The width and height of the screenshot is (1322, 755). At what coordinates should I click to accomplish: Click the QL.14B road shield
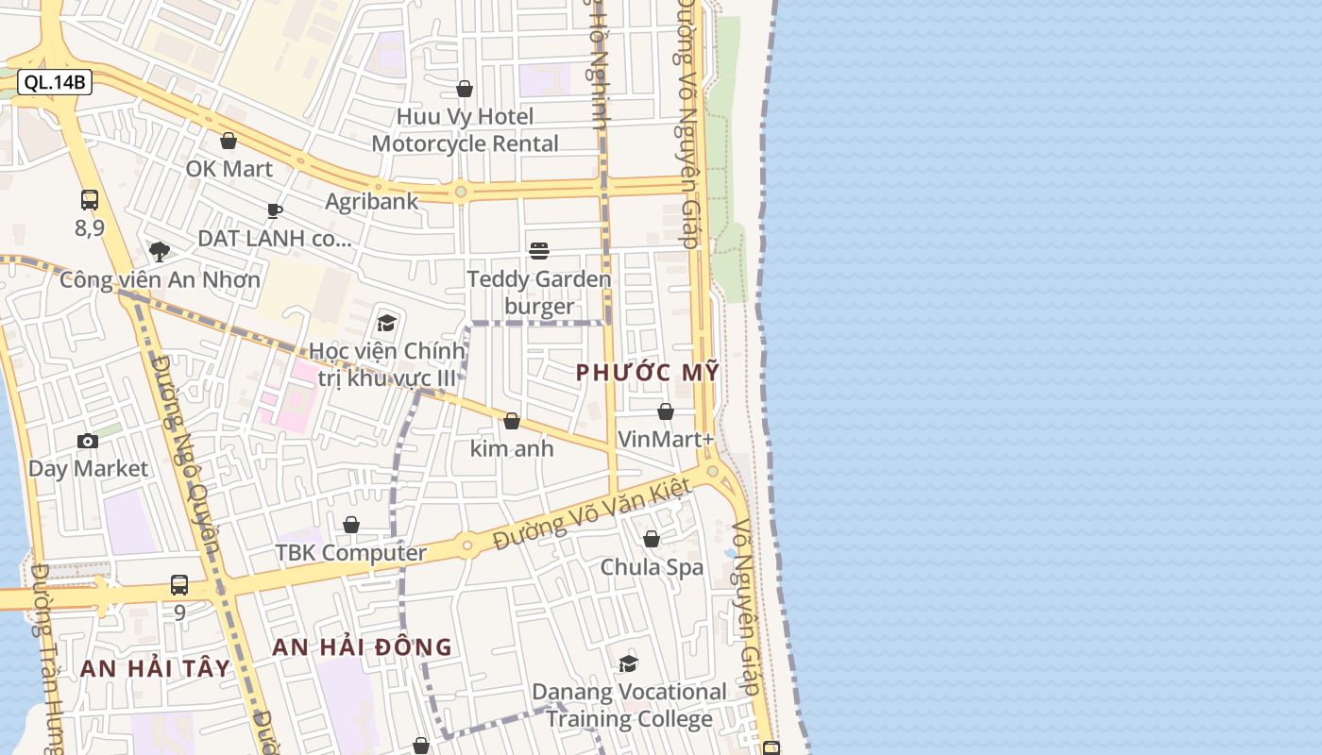coord(55,82)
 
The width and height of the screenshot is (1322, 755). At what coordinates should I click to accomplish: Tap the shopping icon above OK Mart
coord(229,141)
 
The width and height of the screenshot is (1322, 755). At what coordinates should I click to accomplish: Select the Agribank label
coord(371,201)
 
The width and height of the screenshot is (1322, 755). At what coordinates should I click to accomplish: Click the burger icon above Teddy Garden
coord(539,250)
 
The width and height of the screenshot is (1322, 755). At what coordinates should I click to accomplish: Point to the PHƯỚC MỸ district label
coord(648,372)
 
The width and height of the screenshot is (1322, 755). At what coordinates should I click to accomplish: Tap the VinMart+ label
coord(666,439)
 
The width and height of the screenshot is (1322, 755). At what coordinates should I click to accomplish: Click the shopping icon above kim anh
coord(512,420)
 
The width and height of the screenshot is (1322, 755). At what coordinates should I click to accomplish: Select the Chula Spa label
coord(652,567)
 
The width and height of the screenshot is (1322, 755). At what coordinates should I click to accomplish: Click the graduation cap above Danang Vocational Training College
coord(629,663)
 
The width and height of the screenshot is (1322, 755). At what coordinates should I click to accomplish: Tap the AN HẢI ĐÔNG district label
coord(363,647)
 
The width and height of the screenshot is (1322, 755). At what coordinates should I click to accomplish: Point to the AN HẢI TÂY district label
coord(155,668)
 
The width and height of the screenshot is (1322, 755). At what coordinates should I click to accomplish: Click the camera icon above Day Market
coord(88,441)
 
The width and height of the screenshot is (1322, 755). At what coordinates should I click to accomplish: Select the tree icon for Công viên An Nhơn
coord(160,251)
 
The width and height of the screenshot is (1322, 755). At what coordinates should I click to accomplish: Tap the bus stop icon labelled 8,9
coord(90,200)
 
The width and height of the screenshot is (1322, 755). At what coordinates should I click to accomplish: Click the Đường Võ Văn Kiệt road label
coord(593,515)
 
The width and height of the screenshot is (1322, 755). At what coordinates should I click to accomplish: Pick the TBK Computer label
coord(350,552)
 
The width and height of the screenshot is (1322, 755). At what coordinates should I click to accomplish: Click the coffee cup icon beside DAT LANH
coord(274,210)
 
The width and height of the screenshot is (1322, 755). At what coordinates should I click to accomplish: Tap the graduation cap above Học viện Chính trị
coord(386,323)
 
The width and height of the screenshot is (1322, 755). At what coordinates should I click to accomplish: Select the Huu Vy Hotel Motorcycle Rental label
coord(465,130)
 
